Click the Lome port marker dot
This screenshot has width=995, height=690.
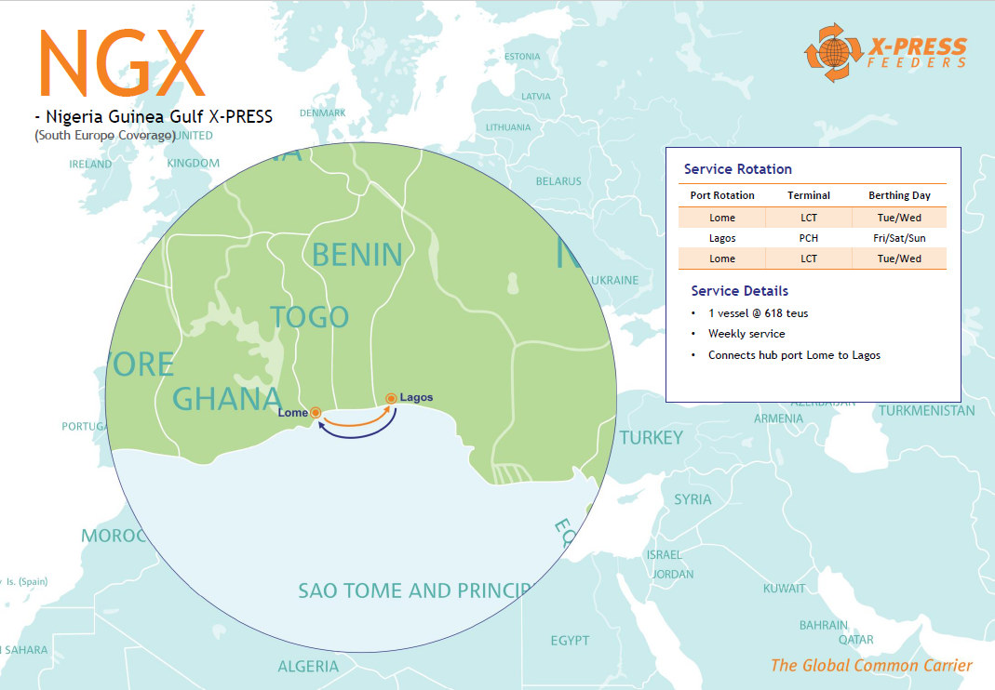coord(316,412)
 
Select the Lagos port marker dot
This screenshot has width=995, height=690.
coord(391,399)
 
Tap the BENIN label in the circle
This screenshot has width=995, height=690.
coord(356,255)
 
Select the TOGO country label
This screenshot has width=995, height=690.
coord(309,317)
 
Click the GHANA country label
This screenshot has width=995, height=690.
coord(227,399)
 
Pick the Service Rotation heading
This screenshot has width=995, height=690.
coord(737,169)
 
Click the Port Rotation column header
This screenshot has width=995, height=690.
coord(722,195)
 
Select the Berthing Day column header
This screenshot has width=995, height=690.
coord(899,195)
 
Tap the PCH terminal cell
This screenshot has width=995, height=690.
coord(808,238)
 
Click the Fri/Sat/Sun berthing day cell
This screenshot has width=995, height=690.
coord(899,238)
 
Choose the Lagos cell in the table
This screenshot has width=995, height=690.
coord(722,238)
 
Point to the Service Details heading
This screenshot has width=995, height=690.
coord(739,291)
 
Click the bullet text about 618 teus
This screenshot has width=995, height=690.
coord(758,313)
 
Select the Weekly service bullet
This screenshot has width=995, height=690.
coord(746,334)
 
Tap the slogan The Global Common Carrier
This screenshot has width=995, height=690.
coord(870,665)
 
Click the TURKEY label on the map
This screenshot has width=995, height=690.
coord(651,437)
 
